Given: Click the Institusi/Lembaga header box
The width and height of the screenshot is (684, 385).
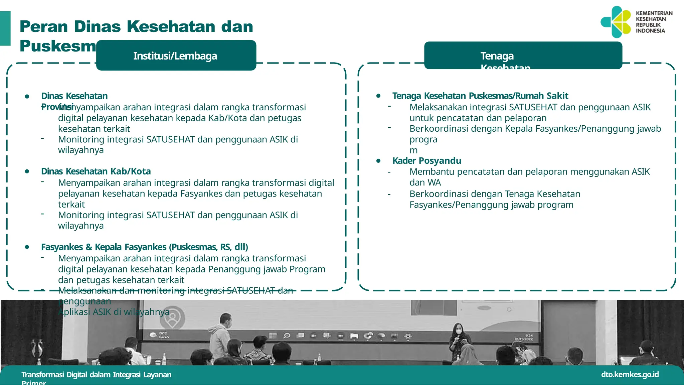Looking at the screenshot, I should point(176,55).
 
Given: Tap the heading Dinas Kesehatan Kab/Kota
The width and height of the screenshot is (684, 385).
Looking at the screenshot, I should point(96,171).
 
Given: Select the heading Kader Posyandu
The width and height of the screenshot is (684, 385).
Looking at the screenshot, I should point(426,161).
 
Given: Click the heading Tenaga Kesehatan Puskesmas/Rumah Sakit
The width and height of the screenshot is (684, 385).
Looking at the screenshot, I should point(480,96).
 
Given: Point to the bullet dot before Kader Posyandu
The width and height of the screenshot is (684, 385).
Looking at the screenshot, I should point(378,161).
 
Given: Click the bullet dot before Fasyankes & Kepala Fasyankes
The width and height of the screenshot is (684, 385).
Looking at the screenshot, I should point(27,247).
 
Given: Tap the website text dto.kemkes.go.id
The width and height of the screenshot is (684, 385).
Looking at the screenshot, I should point(630,374).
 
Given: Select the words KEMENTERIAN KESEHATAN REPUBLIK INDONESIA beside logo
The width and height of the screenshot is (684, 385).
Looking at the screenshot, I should point(654,22).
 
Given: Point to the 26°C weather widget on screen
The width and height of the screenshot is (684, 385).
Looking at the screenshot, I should point(160,335).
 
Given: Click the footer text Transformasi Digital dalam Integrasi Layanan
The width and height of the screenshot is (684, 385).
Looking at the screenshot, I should point(97,375).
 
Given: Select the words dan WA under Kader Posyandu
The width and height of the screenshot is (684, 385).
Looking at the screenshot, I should point(425,182).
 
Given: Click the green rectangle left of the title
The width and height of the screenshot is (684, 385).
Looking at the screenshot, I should point(5,28).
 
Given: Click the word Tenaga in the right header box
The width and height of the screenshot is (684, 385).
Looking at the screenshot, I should point(497,56).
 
